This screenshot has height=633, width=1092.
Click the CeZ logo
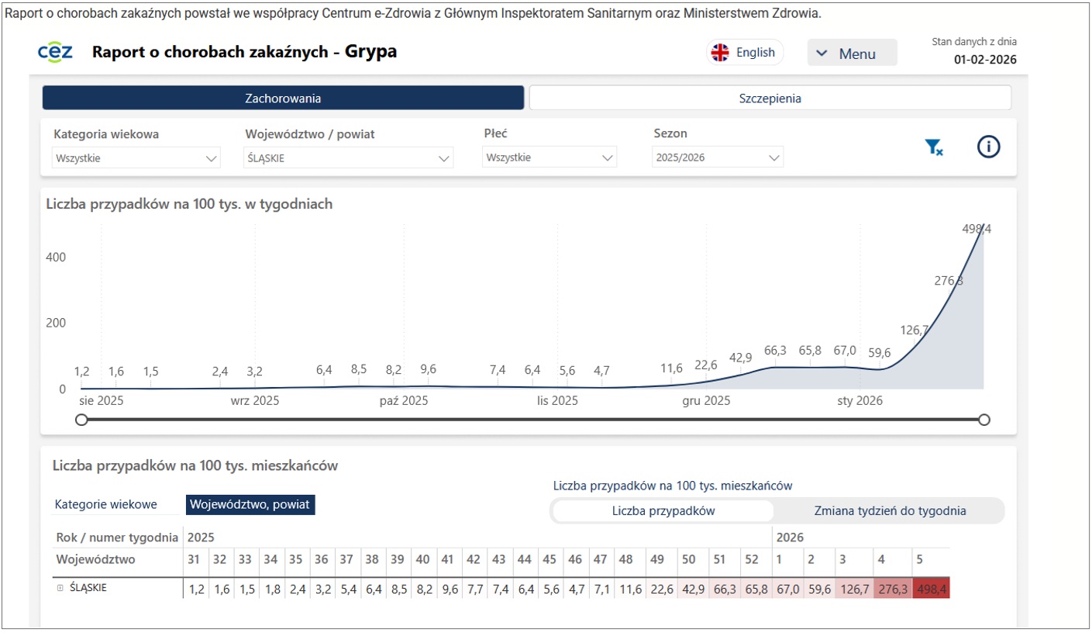click(x=55, y=52)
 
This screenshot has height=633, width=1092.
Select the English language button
click(x=744, y=53)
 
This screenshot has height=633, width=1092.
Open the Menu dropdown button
click(x=852, y=54)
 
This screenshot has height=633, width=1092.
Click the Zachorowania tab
click(x=283, y=99)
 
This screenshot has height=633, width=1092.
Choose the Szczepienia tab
click(x=770, y=99)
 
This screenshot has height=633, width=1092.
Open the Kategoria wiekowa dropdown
click(x=136, y=158)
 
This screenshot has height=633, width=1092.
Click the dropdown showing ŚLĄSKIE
click(x=348, y=158)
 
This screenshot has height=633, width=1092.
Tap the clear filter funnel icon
click(x=933, y=147)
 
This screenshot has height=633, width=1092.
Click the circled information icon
click(x=988, y=147)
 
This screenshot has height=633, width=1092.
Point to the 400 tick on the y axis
click(x=57, y=258)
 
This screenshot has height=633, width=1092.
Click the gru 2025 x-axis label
click(x=706, y=401)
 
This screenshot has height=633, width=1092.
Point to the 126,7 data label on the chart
click(x=915, y=330)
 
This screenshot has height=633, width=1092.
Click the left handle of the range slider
click(x=81, y=420)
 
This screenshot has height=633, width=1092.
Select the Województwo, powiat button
click(x=250, y=505)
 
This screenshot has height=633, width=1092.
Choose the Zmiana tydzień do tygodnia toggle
click(x=890, y=511)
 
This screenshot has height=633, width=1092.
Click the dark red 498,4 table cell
click(x=931, y=588)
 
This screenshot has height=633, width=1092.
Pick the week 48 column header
click(x=626, y=559)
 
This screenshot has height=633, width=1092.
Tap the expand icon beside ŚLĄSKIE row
click(x=60, y=588)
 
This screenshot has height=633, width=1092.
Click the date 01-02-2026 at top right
click(x=985, y=60)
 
